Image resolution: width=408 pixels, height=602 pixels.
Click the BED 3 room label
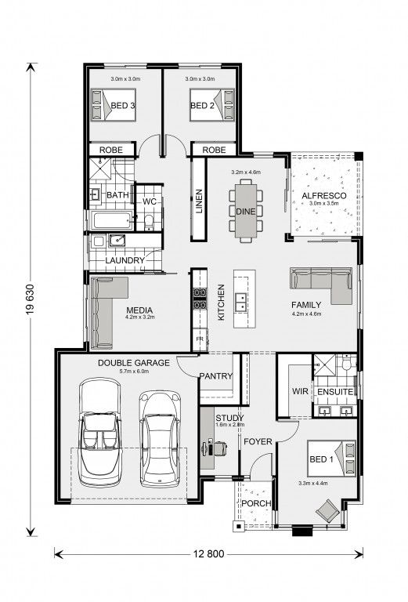[123, 105]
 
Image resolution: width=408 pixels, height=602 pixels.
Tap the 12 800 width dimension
[208, 554]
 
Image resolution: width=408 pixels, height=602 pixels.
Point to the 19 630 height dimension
[31, 299]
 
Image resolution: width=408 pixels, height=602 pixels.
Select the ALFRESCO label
[324, 195]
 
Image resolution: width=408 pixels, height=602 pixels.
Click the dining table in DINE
[245, 210]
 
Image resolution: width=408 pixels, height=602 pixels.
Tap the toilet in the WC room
[148, 223]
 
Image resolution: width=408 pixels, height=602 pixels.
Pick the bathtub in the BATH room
[111, 220]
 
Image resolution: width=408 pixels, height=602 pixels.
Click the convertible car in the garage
[100, 432]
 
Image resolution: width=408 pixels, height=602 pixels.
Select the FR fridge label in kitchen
[200, 339]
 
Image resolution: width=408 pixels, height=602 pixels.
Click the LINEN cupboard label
[199, 201]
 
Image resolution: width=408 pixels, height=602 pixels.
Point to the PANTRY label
[216, 376]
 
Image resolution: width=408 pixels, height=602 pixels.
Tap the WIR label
[300, 391]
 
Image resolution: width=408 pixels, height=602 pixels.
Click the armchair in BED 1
[327, 510]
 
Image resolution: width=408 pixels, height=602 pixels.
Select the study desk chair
[220, 448]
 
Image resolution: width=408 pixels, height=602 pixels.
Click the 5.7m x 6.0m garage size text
[134, 372]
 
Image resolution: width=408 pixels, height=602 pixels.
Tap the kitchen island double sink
[241, 302]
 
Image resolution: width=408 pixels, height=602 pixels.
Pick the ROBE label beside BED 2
[214, 150]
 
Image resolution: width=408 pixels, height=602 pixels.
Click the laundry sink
[117, 241]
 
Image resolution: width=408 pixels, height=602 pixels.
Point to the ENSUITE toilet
[346, 363]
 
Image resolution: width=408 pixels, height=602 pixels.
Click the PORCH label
[256, 503]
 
